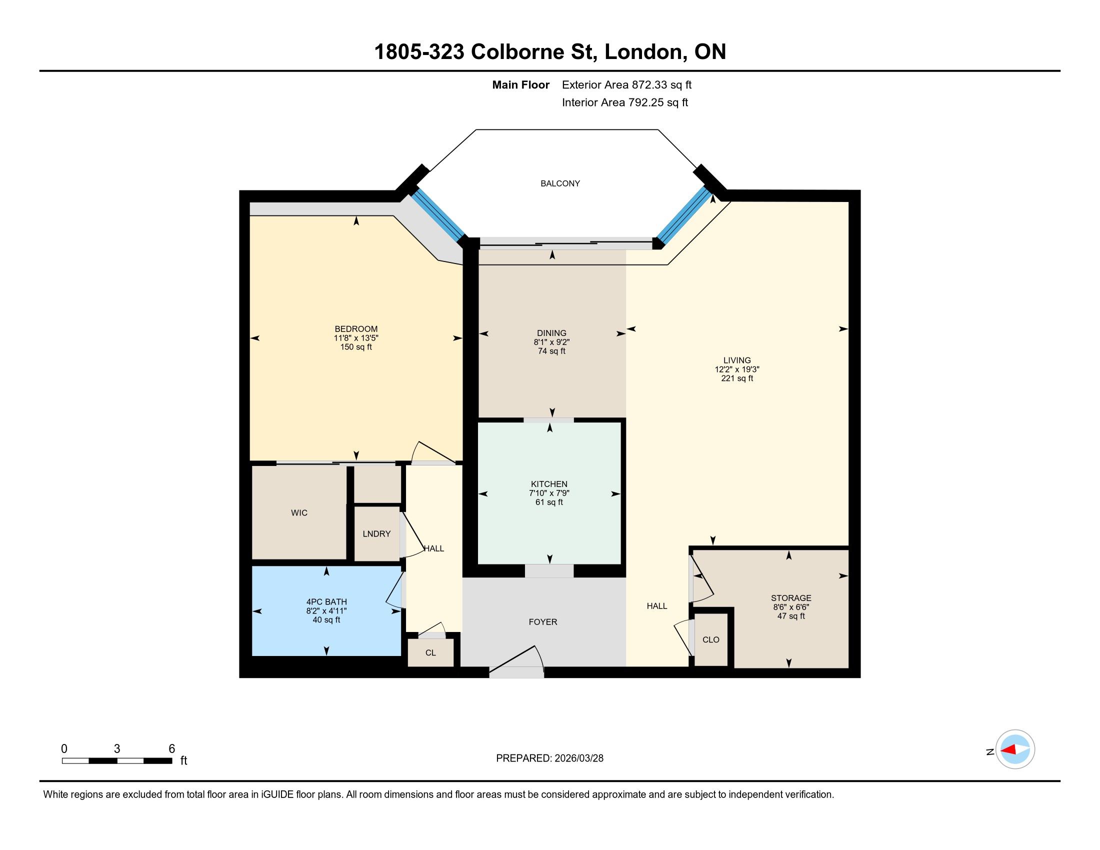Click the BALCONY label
click(560, 184)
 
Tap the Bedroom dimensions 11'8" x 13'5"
click(356, 338)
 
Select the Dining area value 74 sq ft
click(551, 351)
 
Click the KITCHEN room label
click(549, 484)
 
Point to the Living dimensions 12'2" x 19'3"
click(737, 369)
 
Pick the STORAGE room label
click(791, 598)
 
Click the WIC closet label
click(299, 512)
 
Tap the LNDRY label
click(376, 534)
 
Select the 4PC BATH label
click(326, 601)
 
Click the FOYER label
click(543, 622)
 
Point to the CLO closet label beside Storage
click(710, 639)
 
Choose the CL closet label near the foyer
click(430, 652)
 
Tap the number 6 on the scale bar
click(171, 749)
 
